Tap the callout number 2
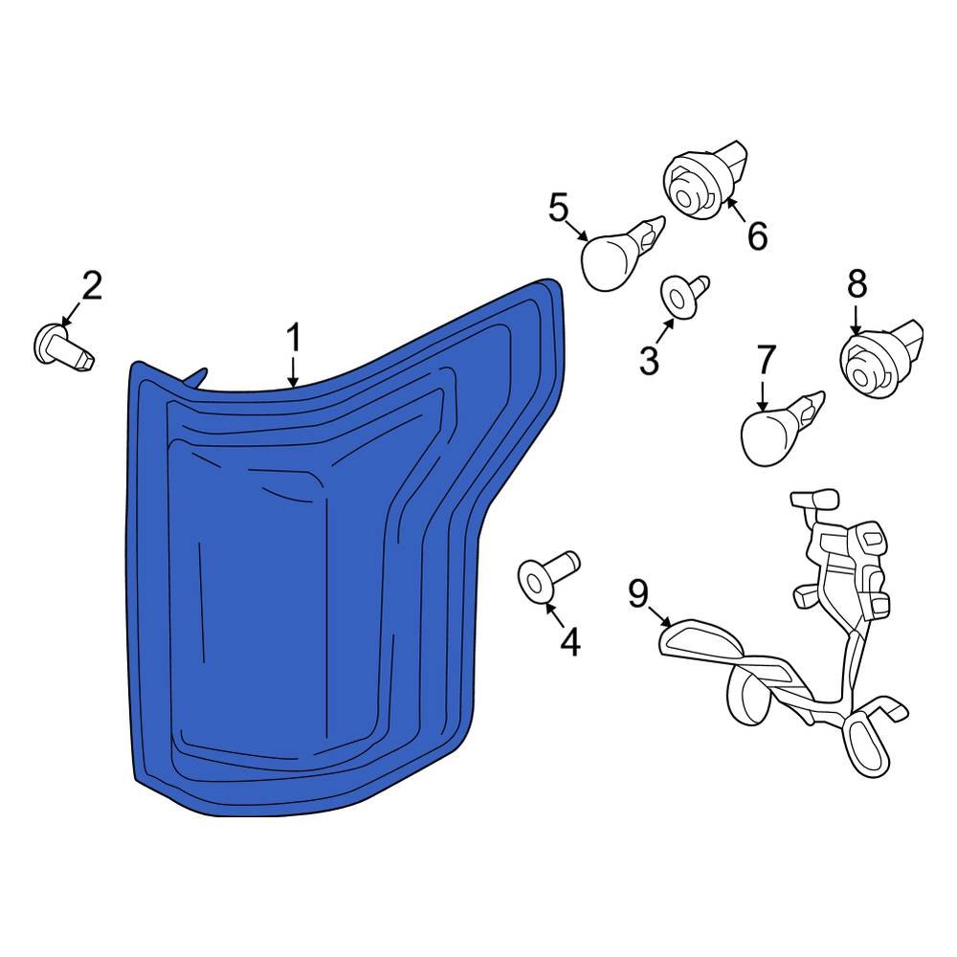pyautogui.click(x=92, y=285)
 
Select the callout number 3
pyautogui.click(x=649, y=360)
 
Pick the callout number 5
pyautogui.click(x=559, y=207)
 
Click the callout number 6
pyautogui.click(x=757, y=235)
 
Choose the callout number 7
pyautogui.click(x=766, y=360)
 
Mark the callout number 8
pyautogui.click(x=857, y=283)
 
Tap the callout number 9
pyautogui.click(x=637, y=593)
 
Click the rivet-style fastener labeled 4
pyautogui.click(x=546, y=574)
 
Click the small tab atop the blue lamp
pyautogui.click(x=196, y=378)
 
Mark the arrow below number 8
pyautogui.click(x=856, y=320)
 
